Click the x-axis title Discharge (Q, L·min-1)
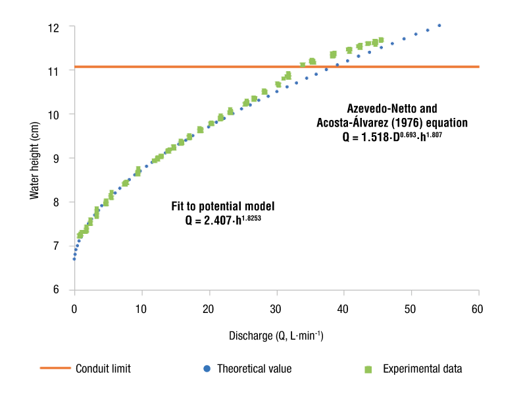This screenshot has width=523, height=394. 276,335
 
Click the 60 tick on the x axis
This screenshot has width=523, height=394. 478,309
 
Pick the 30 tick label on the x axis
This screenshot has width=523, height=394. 276,309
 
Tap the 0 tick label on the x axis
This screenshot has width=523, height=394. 74,309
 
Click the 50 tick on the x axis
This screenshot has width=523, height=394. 411,309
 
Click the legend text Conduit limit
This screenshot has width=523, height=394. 103,369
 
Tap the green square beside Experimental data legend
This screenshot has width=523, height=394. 368,369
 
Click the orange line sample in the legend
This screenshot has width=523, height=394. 55,369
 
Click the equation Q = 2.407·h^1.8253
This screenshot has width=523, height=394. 223,218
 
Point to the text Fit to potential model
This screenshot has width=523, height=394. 223,206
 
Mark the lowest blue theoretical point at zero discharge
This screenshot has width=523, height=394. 74,259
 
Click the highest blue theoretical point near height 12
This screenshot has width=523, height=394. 439,26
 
